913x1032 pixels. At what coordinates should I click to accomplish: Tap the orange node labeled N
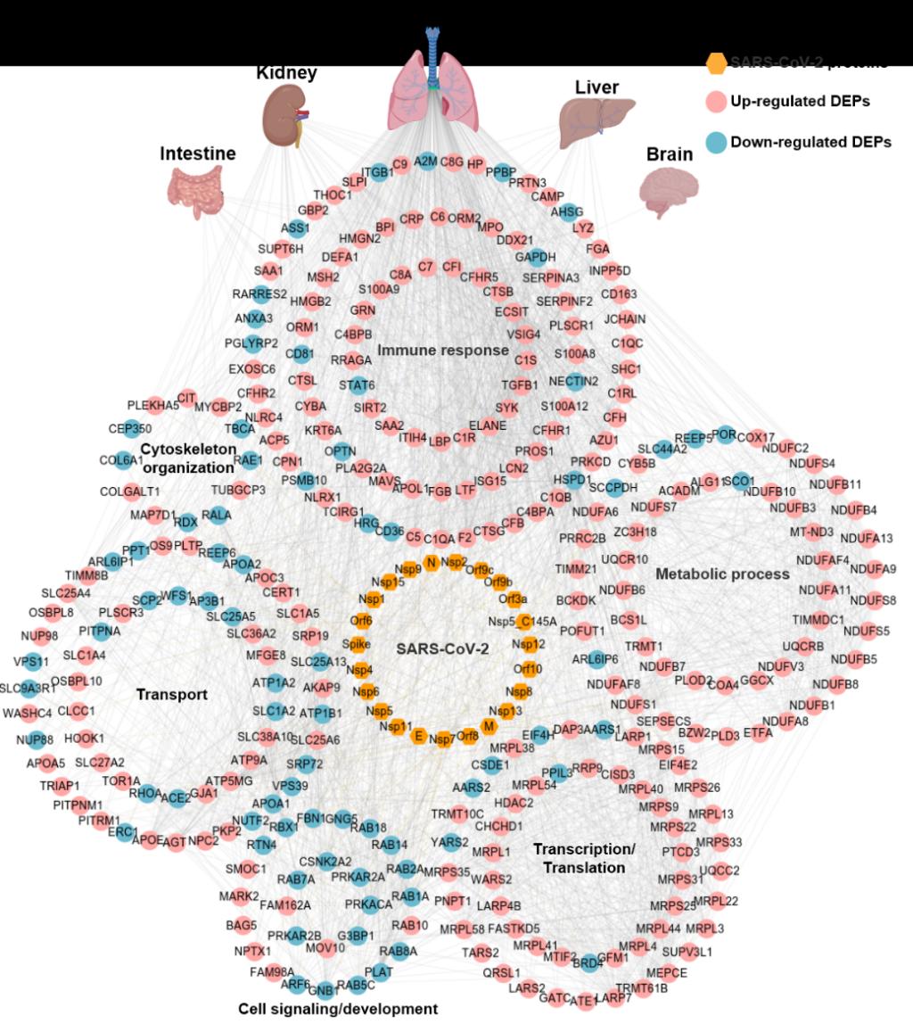click(432, 562)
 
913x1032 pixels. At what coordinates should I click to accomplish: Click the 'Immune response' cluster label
click(442, 351)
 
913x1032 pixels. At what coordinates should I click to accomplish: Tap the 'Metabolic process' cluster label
click(722, 574)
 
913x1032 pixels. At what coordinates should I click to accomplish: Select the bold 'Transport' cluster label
click(171, 694)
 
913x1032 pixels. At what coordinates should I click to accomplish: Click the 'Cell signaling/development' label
click(338, 1009)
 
